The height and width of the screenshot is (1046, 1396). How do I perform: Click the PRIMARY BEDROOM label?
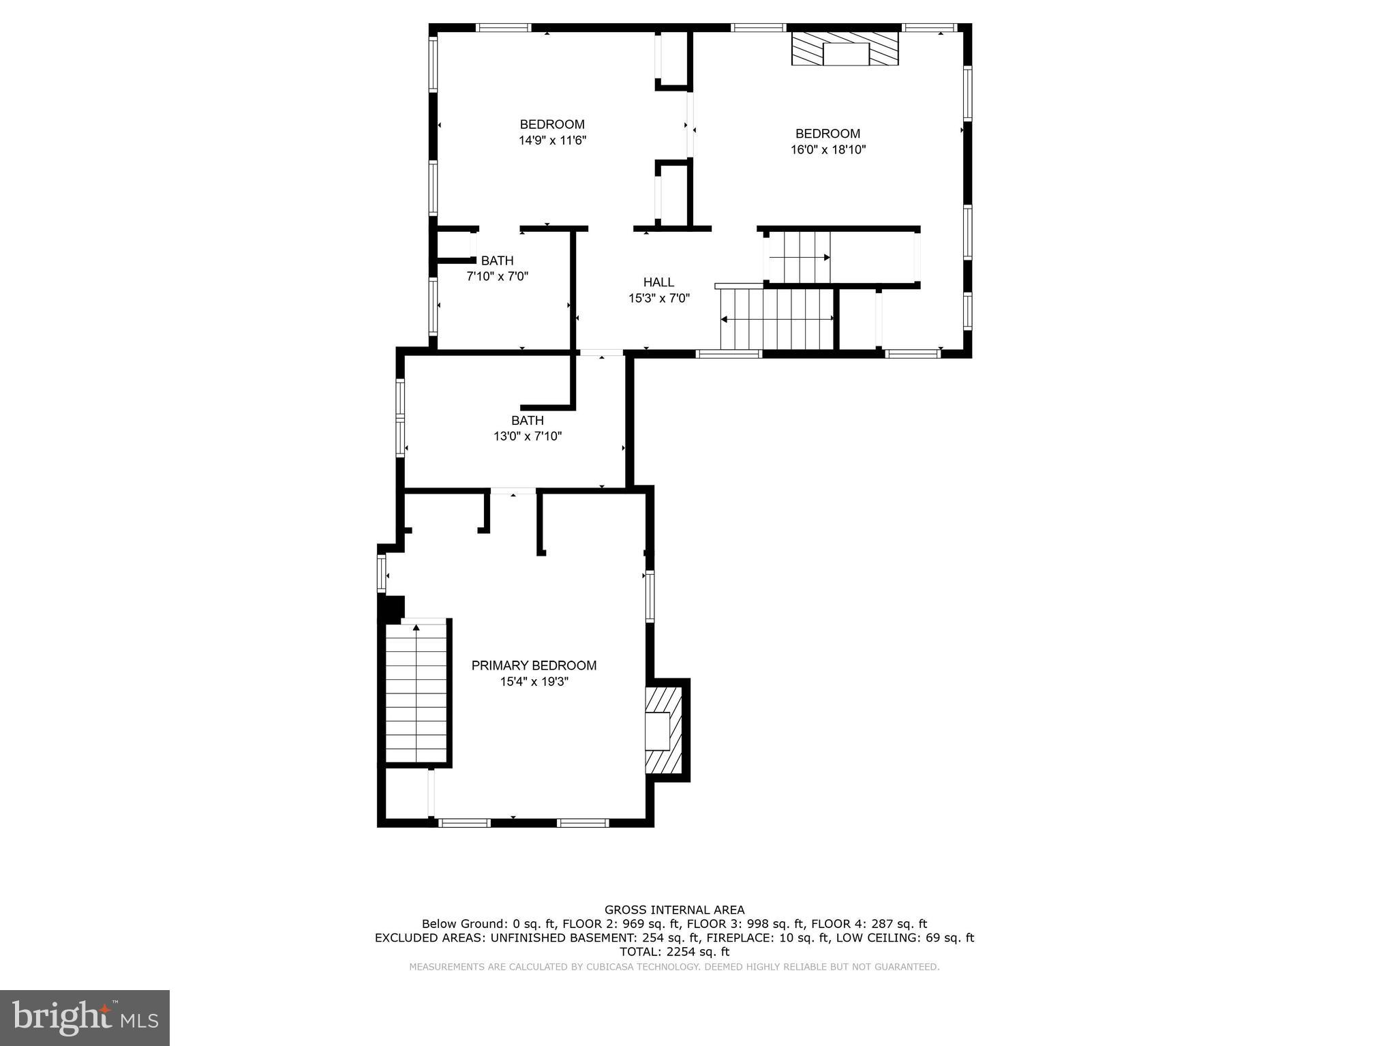(534, 666)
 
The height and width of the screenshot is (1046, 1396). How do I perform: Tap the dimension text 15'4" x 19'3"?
(534, 681)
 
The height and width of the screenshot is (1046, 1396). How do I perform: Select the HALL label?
(658, 282)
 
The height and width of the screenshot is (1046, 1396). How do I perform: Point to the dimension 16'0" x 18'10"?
(828, 150)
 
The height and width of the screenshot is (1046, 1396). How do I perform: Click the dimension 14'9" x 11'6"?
(552, 140)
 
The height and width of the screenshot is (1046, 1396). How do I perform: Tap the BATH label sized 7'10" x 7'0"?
(497, 260)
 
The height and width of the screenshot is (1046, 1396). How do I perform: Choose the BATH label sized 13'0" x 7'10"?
(527, 421)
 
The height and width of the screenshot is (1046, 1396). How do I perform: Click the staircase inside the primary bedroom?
(416, 692)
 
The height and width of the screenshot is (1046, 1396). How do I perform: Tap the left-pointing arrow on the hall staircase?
(724, 318)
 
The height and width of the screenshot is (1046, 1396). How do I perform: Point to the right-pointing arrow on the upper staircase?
(826, 258)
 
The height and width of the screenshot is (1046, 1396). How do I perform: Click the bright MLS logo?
(85, 1017)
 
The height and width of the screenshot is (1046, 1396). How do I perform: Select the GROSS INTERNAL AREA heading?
(674, 910)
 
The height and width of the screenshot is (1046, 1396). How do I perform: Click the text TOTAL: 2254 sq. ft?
(674, 951)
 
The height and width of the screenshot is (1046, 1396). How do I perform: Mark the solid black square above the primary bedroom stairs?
(391, 609)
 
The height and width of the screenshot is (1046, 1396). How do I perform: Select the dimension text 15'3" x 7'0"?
(658, 298)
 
